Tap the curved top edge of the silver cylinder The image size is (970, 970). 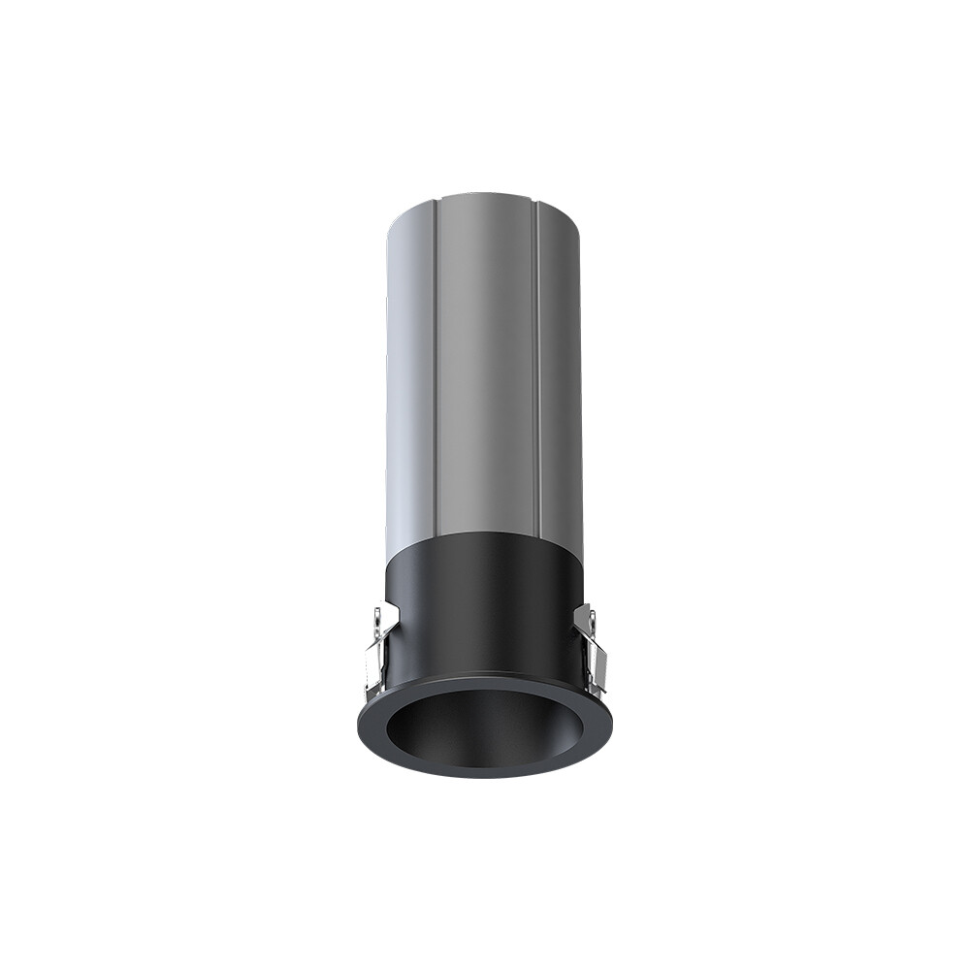tap(485, 197)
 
